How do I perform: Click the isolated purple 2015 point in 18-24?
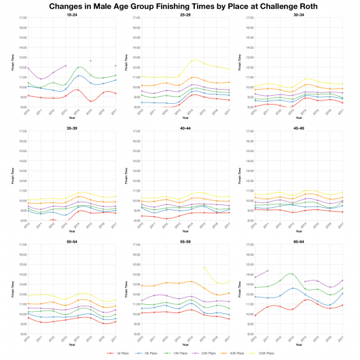[x=91, y=61]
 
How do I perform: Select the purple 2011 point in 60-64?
[x=268, y=270]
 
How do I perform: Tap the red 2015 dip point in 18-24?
[x=91, y=101]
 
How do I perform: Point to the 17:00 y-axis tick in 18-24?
[x=23, y=18]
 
